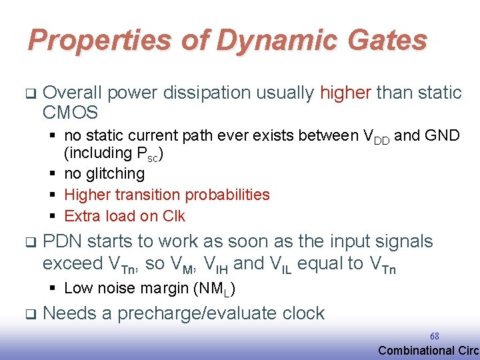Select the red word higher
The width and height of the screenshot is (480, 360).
click(x=346, y=93)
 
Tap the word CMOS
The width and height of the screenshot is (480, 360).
click(x=70, y=113)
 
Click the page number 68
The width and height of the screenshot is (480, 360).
click(x=434, y=337)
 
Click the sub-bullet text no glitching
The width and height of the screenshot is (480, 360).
click(x=104, y=173)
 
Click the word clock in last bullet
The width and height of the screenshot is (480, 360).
click(x=304, y=313)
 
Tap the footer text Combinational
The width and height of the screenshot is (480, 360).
click(x=413, y=351)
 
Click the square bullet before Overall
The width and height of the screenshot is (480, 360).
click(x=31, y=93)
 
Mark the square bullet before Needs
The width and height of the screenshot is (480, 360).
click(x=31, y=313)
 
